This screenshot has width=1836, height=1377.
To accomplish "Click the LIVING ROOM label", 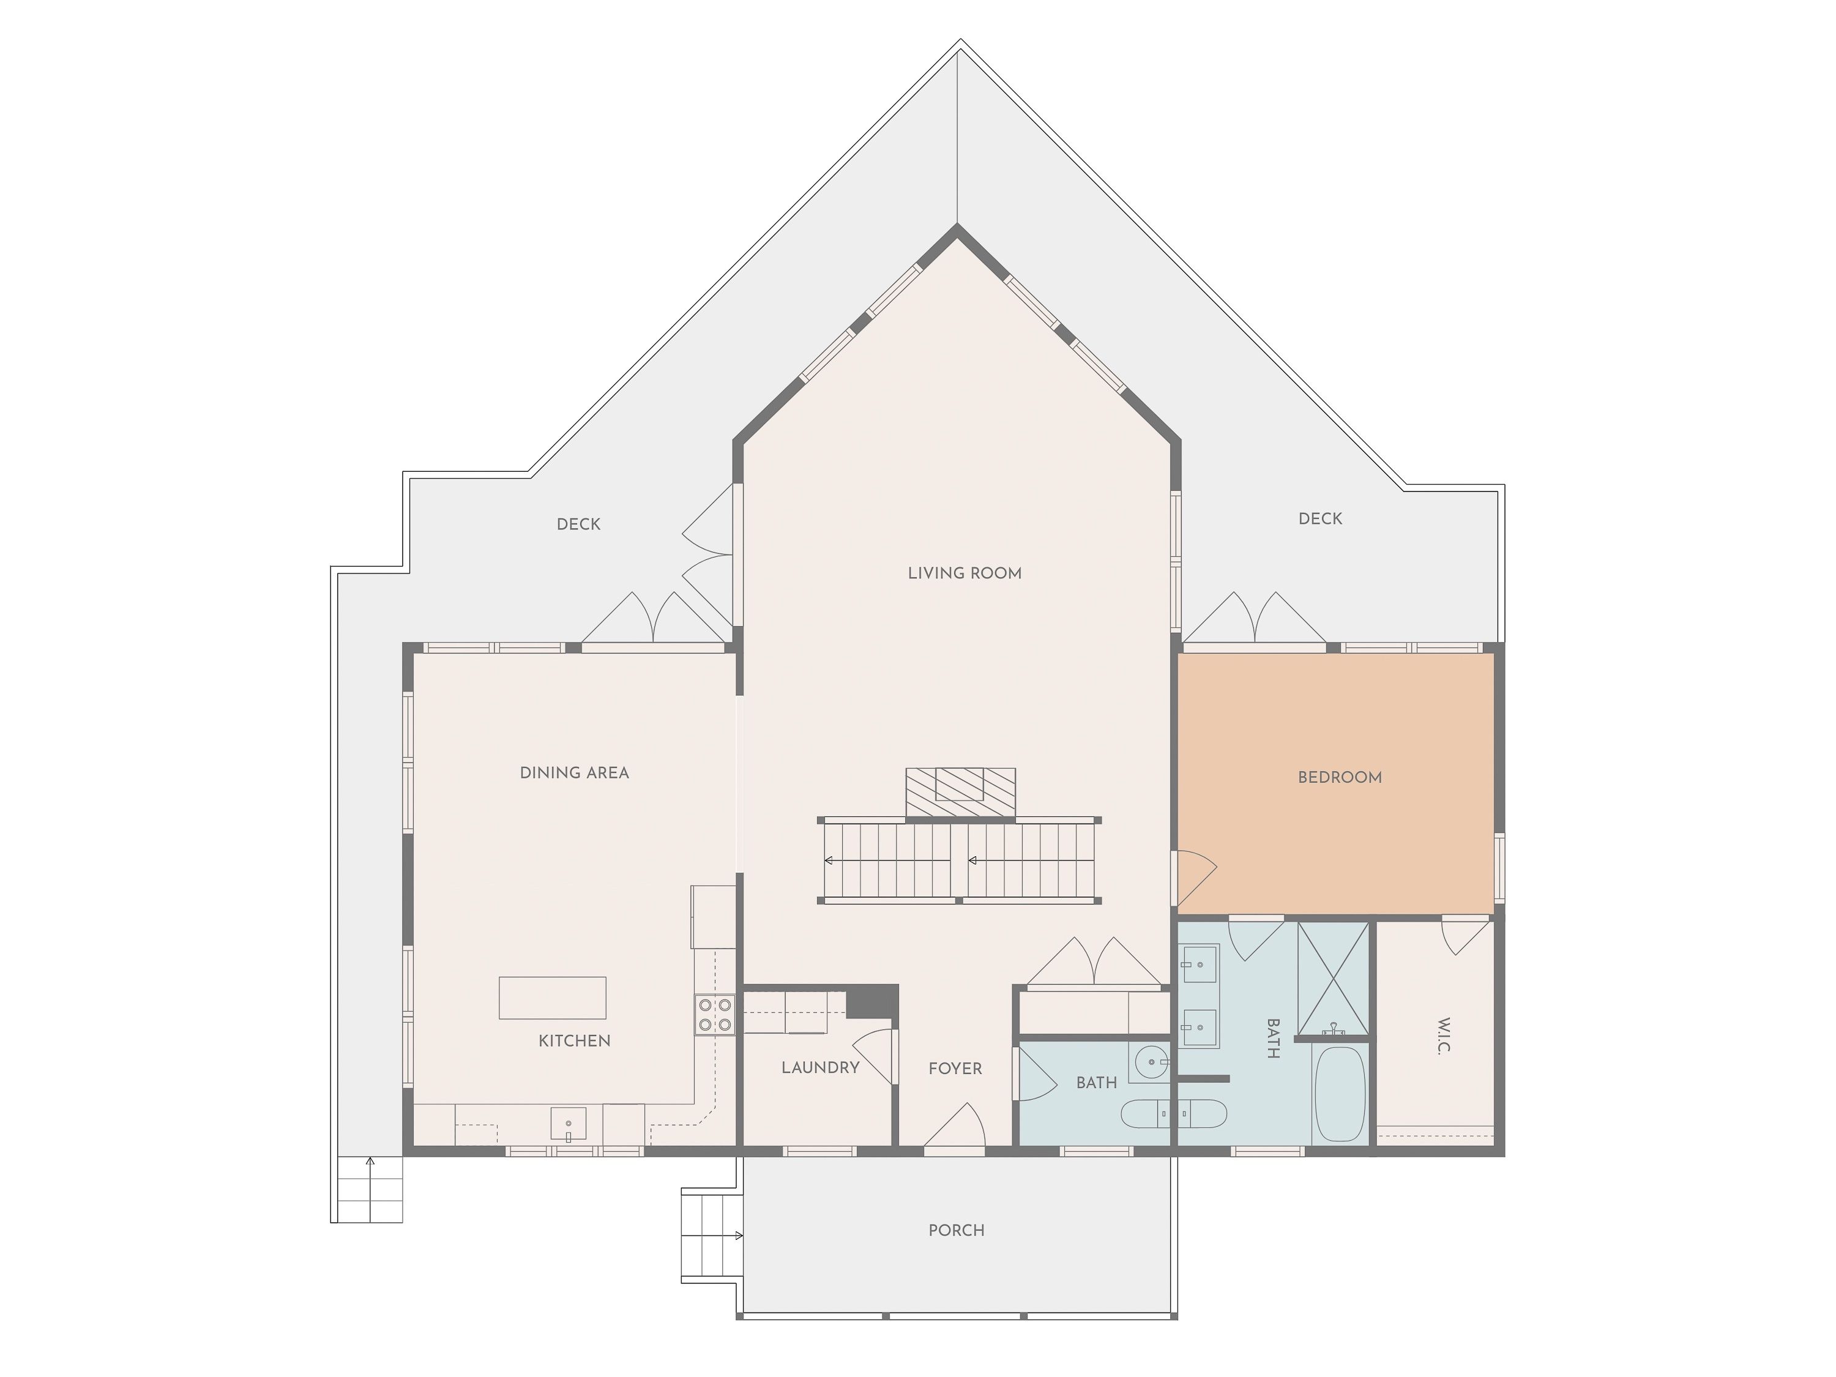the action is (x=965, y=573).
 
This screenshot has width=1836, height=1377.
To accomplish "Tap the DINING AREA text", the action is (x=575, y=773).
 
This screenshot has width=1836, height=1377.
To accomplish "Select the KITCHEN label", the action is (x=575, y=1041).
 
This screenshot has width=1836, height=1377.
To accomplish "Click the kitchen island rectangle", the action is (x=552, y=997).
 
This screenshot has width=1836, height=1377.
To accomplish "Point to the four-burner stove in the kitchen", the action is (x=715, y=1014).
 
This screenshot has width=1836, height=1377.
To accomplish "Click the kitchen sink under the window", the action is (x=569, y=1124).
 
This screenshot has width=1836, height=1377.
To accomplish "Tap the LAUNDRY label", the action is (x=820, y=1067).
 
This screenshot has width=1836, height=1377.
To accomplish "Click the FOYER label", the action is (x=955, y=1068).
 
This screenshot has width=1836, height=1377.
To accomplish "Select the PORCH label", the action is (x=956, y=1230).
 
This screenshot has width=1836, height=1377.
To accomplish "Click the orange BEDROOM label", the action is (x=1340, y=778).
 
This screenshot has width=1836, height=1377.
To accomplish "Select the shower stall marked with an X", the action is (x=1333, y=979).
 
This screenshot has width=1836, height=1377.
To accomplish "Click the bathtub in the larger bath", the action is (x=1339, y=1094).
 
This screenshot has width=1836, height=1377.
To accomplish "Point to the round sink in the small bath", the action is (x=1149, y=1061).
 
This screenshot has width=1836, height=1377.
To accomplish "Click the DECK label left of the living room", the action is (x=578, y=524).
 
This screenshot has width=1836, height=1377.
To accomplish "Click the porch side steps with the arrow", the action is (x=711, y=1235).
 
